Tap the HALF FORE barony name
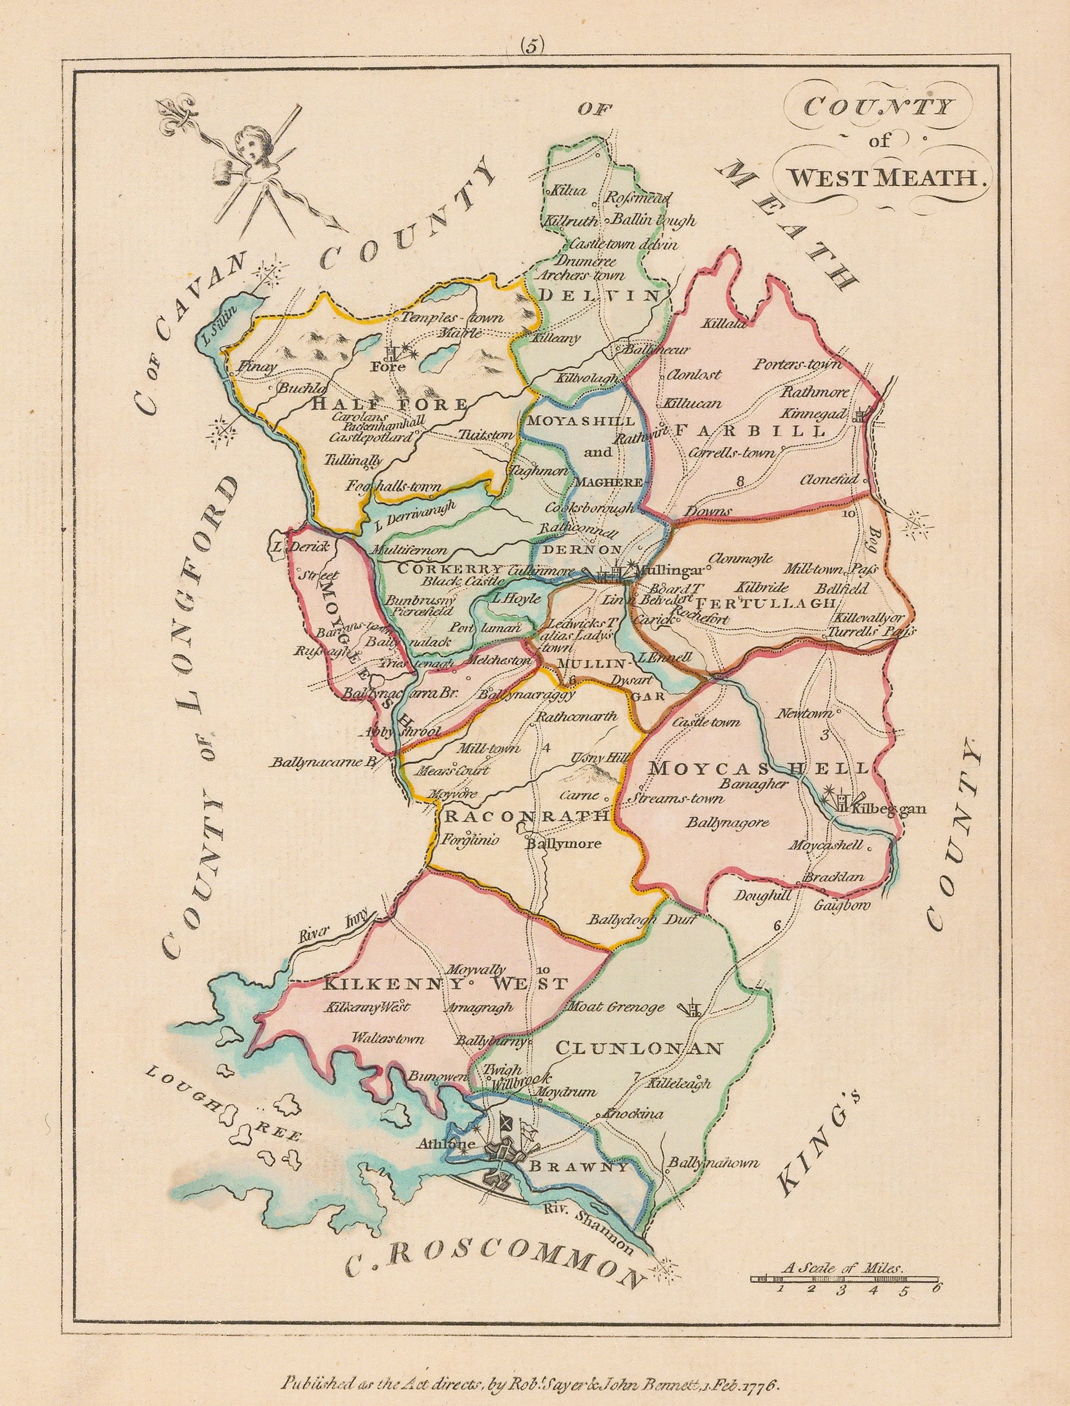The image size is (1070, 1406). (x=389, y=404)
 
